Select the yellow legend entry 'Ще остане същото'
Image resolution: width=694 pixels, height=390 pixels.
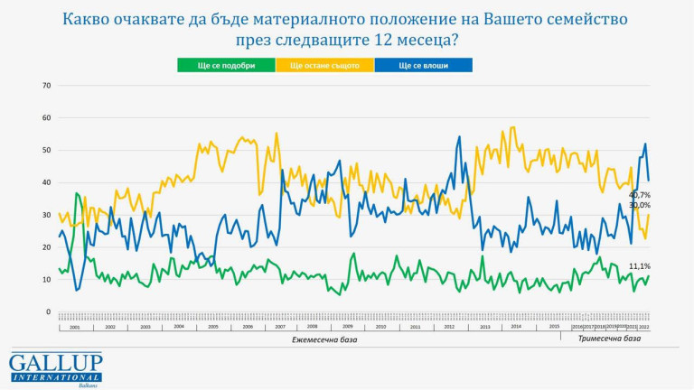pos(331,65)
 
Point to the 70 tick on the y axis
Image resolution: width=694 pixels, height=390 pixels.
pos(46,86)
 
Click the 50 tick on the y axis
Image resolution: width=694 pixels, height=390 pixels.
pos(46,150)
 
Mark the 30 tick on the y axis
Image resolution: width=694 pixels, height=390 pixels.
pos(46,215)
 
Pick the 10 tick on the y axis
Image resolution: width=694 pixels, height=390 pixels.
pos(46,279)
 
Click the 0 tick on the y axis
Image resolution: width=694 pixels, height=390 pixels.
pos(48,311)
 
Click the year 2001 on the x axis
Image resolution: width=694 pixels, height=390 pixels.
pos(75,326)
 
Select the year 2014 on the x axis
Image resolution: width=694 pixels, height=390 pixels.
pos(516,326)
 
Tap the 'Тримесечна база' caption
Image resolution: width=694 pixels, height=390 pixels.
pos(608,339)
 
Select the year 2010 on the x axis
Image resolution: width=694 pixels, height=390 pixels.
pos(380,326)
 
